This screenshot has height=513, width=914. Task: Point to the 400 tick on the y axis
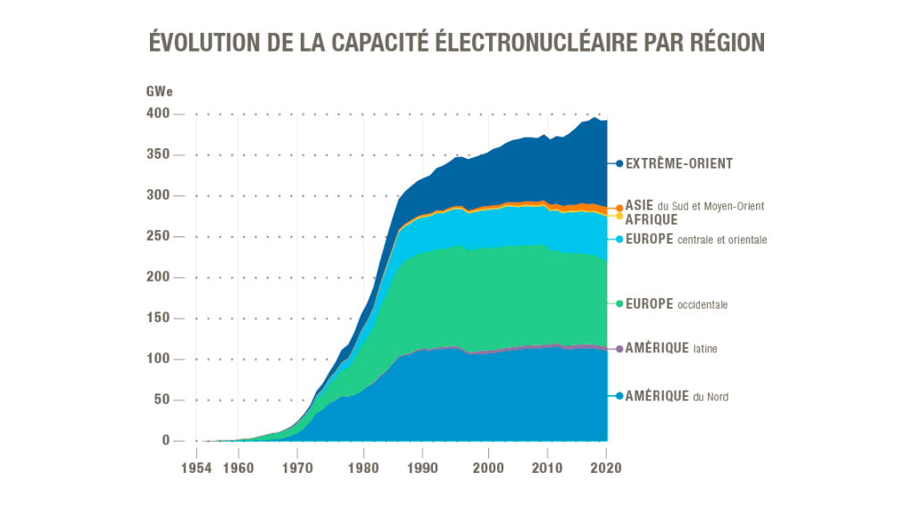point(158,113)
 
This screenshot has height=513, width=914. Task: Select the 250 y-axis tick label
point(158,236)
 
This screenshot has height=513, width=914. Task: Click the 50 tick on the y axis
point(162,400)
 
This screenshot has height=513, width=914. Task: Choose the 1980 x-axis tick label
point(362,466)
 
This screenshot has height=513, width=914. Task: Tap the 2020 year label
point(607,466)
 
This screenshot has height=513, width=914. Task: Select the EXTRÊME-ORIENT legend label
point(678,164)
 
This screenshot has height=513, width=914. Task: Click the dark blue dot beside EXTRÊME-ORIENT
point(619,163)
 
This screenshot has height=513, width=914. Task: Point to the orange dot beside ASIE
point(619,208)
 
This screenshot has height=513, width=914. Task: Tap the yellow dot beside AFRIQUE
point(619,216)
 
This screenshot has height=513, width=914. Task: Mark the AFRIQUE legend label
point(652,219)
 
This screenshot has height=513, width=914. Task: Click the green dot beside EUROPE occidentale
point(619,304)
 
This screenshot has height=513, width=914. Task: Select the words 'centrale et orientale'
point(722,240)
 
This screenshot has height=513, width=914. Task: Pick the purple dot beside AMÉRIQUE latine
point(619,349)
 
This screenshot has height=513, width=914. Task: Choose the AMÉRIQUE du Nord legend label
point(677,396)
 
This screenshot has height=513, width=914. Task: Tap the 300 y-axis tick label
point(158,195)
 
